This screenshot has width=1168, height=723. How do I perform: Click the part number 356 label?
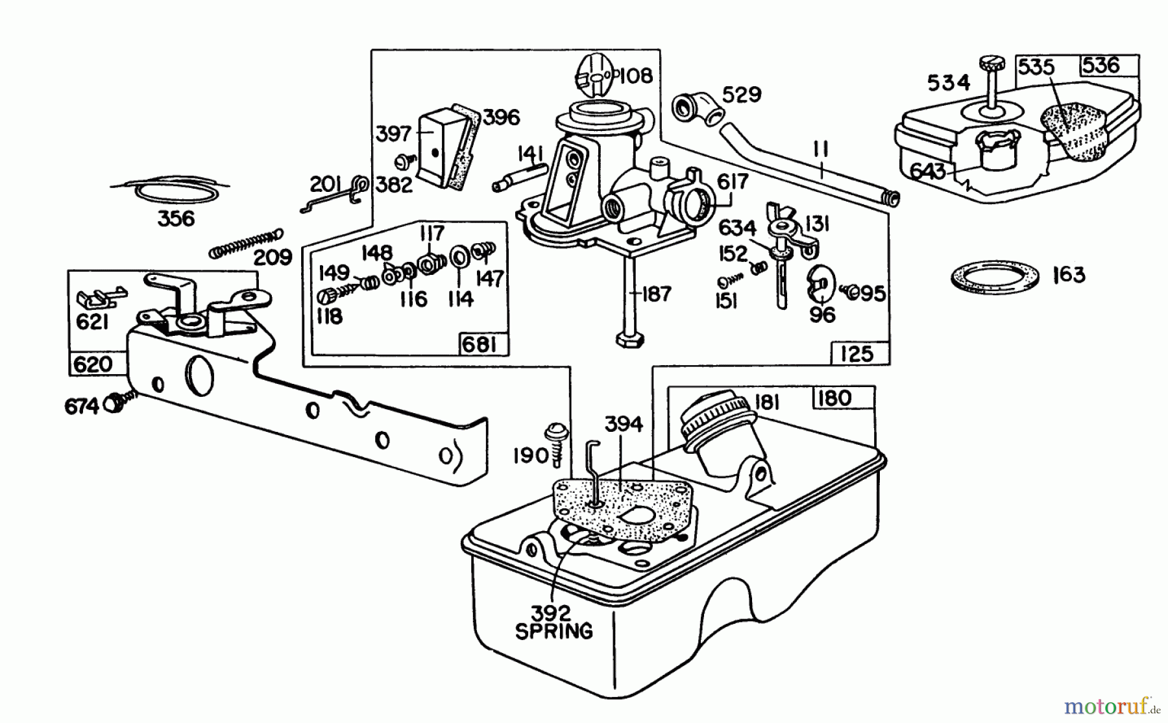pos(176,219)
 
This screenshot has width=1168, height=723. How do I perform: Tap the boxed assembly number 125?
pos(856,354)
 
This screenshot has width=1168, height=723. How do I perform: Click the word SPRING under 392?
pos(554,631)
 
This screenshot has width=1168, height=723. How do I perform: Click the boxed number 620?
pos(93,364)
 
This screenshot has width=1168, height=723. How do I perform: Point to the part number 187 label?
pos(656,294)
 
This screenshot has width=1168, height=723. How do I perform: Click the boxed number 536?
pos(1101,65)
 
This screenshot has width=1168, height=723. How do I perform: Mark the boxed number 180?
pos(834,397)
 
